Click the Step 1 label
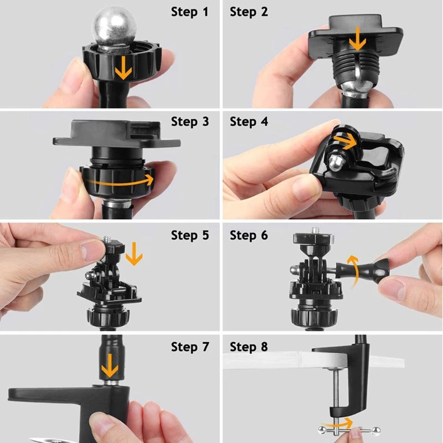(x=190, y=12)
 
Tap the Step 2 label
(x=249, y=12)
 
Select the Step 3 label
(x=190, y=121)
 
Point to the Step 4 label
(x=249, y=121)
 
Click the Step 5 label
(x=190, y=235)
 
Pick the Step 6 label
(x=249, y=235)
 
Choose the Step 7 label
(x=190, y=347)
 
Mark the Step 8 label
(x=249, y=347)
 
